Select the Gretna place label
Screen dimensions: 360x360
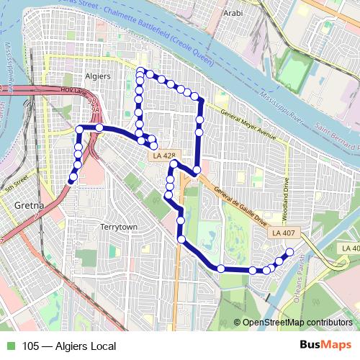click(29, 206)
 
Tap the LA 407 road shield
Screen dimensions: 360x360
click(284, 233)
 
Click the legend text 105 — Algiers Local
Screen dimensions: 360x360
click(69, 346)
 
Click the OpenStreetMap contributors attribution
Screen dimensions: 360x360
click(297, 323)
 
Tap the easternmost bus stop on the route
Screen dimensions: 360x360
click(290, 252)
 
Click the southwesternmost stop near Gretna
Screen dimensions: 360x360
click(72, 177)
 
